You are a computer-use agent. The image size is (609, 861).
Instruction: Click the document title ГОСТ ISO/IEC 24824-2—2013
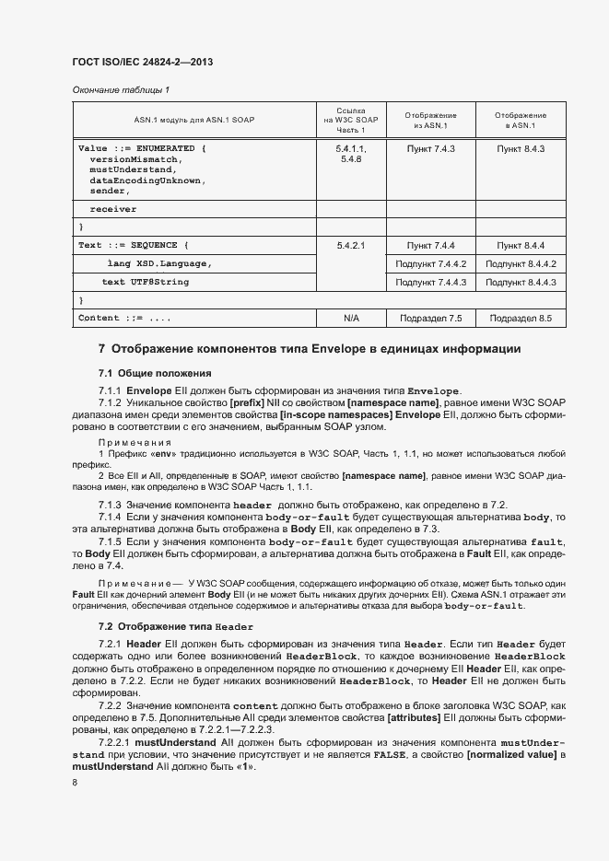click(148, 63)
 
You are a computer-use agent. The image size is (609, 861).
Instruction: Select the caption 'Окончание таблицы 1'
click(121, 90)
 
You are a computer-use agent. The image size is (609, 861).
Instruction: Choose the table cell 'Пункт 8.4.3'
click(521, 148)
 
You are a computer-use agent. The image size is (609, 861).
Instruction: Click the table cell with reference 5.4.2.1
click(350, 246)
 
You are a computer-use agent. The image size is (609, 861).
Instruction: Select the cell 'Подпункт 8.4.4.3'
click(521, 283)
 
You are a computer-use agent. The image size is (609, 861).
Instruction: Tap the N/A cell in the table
click(350, 319)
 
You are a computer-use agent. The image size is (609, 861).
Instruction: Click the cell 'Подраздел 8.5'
click(521, 319)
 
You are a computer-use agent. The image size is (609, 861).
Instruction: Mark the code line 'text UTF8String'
click(145, 282)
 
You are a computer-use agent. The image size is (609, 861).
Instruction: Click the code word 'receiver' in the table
click(112, 209)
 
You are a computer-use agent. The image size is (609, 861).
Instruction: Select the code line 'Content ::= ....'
click(124, 319)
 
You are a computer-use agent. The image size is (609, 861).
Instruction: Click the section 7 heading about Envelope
click(310, 350)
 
